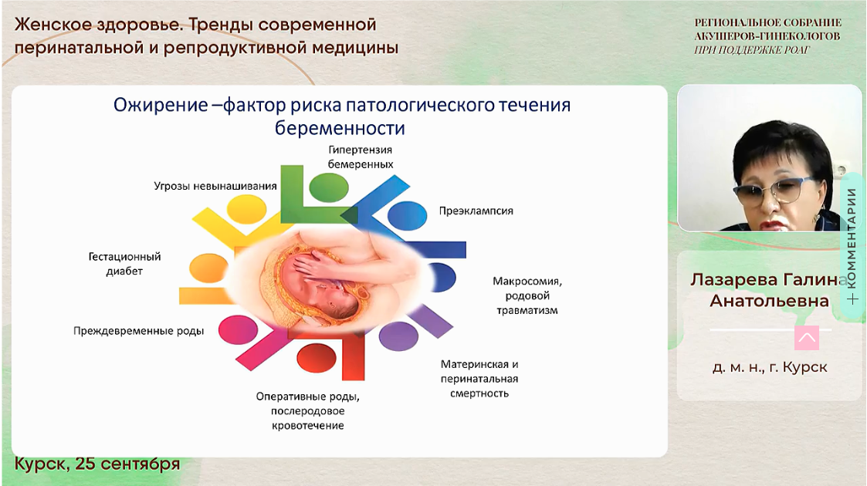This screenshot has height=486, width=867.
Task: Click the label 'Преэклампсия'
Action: click(x=476, y=211)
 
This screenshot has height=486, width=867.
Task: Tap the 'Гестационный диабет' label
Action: click(x=124, y=263)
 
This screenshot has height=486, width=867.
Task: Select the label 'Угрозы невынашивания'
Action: click(x=215, y=186)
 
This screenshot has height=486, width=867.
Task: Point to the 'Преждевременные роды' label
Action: click(x=139, y=331)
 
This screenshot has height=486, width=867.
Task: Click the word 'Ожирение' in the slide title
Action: click(x=161, y=105)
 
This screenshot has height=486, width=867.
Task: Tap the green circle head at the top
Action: click(x=328, y=187)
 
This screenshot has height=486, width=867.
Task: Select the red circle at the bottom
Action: click(x=317, y=359)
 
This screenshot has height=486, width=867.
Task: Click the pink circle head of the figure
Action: click(x=239, y=329)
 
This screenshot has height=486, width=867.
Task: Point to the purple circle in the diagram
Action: click(x=398, y=336)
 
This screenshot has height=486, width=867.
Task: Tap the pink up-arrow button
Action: click(x=806, y=337)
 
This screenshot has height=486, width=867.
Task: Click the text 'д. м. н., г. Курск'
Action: click(x=770, y=367)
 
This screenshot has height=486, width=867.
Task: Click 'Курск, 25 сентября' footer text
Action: click(x=97, y=464)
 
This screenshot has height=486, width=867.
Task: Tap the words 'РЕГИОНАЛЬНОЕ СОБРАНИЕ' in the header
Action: click(x=768, y=22)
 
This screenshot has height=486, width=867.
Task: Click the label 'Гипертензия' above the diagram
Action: click(x=361, y=150)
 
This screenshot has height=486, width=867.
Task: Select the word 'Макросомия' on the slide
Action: click(x=527, y=281)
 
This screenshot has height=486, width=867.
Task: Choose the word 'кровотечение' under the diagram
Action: click(x=308, y=426)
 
